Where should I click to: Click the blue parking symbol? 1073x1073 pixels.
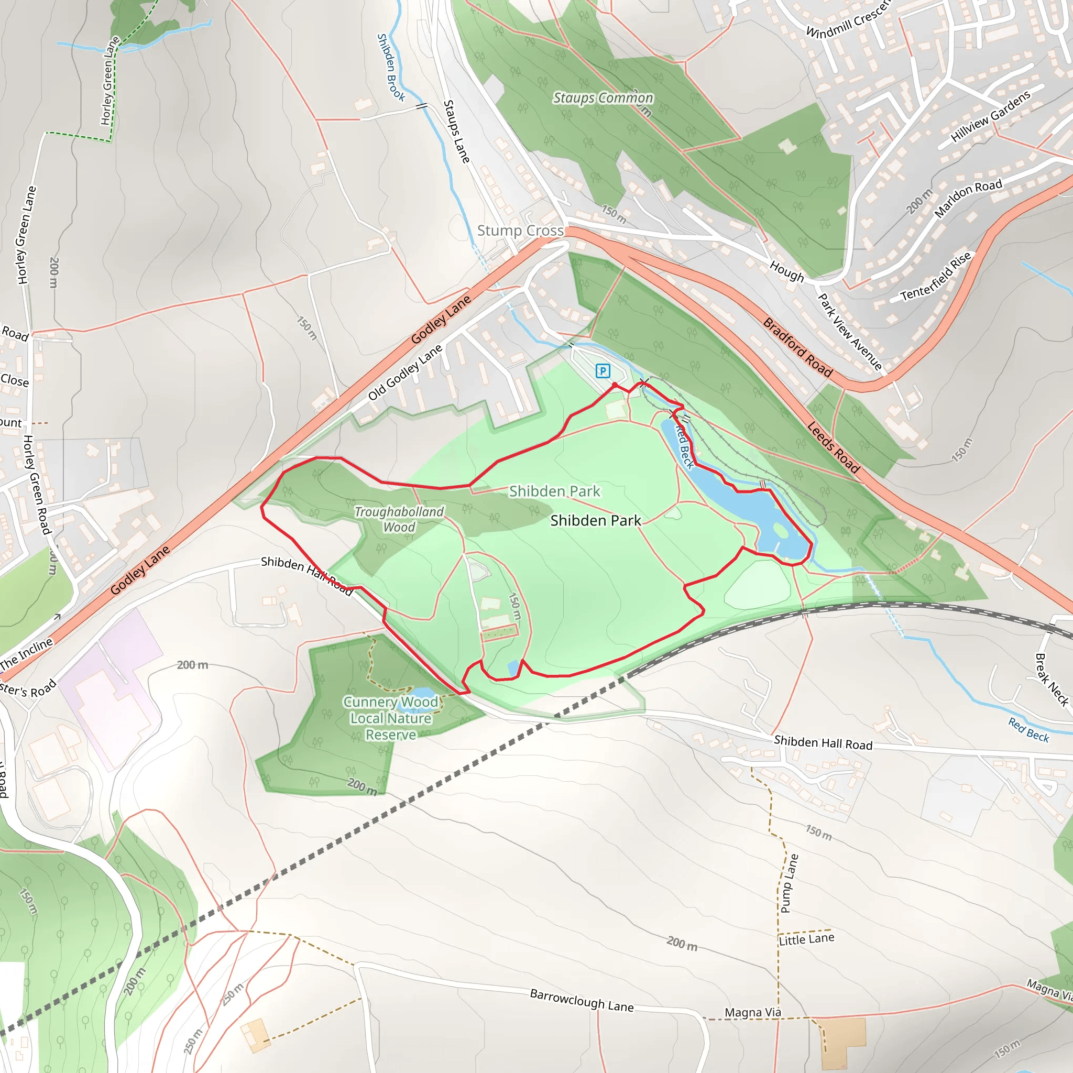coord(603,370)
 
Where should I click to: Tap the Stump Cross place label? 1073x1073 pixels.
coord(520,231)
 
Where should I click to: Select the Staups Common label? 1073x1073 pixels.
coord(603,98)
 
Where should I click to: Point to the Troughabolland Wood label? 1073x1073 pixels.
coord(399,519)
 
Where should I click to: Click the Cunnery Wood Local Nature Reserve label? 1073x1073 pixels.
coord(391,718)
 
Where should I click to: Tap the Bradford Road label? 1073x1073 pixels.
coord(797,348)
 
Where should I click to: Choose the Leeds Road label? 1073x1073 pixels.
coord(833,447)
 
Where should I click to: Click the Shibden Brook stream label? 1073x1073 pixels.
coord(390,67)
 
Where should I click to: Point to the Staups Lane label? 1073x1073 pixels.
coord(456,132)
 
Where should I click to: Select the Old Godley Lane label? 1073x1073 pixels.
coord(405,372)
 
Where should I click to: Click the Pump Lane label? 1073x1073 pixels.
coord(789,883)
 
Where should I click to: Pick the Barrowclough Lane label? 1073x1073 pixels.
coord(582,1000)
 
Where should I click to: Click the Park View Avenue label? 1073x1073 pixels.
coord(850,332)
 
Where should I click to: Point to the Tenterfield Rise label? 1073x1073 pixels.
coord(936,276)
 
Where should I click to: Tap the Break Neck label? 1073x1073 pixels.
coord(1052,679)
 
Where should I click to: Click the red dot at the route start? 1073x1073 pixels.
coord(615,385)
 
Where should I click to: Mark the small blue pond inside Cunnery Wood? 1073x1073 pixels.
coord(422,694)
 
